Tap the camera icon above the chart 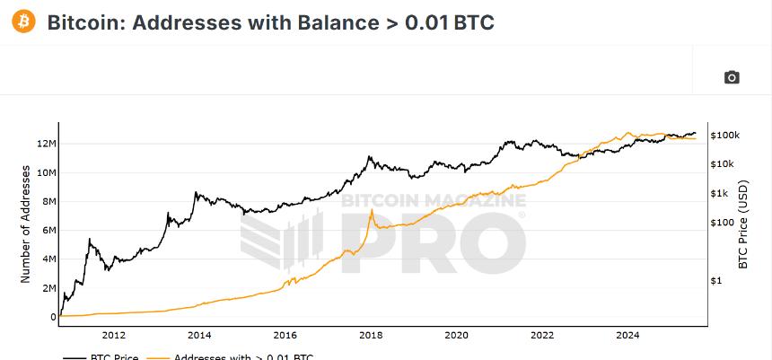coord(732,77)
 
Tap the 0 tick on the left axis coord(53,316)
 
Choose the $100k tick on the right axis coord(724,135)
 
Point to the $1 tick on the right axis coord(715,280)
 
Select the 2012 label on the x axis coord(113,336)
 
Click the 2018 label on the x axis coord(371,336)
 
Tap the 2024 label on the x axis coord(627,336)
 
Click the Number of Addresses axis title coord(25,224)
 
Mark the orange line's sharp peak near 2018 coord(372,210)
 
